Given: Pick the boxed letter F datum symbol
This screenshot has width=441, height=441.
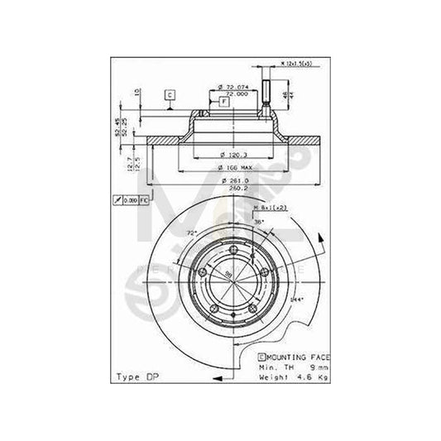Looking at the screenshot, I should pyautogui.click(x=224, y=101).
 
